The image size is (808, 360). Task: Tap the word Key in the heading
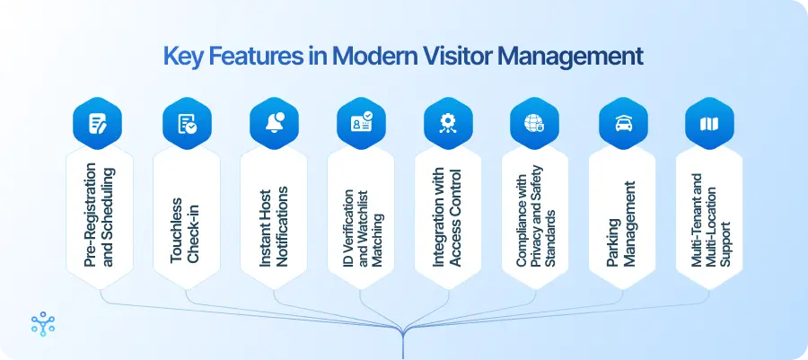tap(182, 56)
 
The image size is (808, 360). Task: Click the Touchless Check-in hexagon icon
tap(186, 124)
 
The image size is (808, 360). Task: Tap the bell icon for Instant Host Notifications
tap(273, 124)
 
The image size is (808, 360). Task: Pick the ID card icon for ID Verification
tap(361, 124)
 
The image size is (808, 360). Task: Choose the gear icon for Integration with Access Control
tap(448, 124)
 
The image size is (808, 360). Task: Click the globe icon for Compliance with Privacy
tap(535, 124)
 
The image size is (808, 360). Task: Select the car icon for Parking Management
tap(622, 124)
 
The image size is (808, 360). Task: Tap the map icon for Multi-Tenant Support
tap(709, 124)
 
